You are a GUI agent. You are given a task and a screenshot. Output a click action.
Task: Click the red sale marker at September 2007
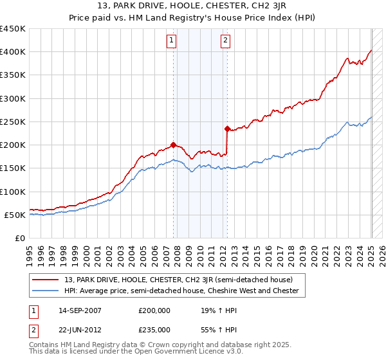(x=174, y=145)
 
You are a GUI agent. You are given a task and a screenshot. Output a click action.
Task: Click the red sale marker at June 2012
(x=227, y=129)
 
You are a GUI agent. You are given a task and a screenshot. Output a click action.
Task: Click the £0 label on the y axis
(x=20, y=238)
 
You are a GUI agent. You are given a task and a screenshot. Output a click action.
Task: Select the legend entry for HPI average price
(x=181, y=291)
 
